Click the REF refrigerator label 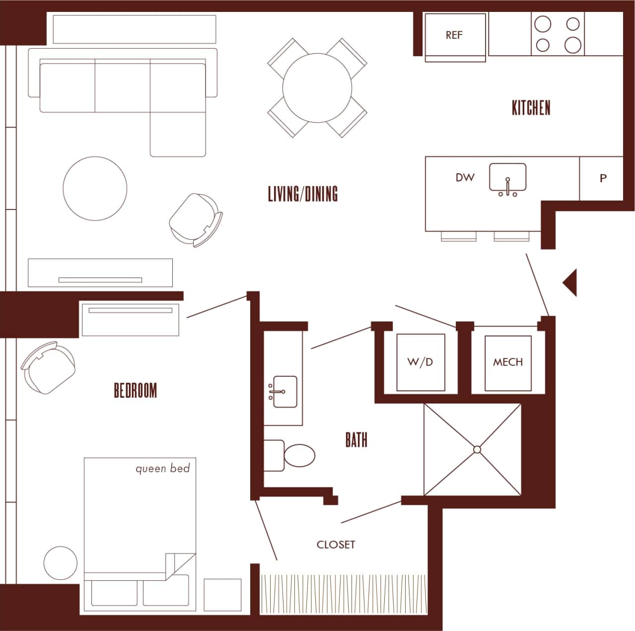pyautogui.click(x=454, y=35)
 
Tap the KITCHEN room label pyautogui.click(x=531, y=108)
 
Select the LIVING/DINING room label pyautogui.click(x=302, y=194)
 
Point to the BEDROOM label pyautogui.click(x=135, y=391)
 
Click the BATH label pyautogui.click(x=356, y=440)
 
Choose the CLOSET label pyautogui.click(x=336, y=545)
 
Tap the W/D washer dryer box pyautogui.click(x=420, y=362)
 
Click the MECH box pyautogui.click(x=507, y=362)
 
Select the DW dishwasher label pyautogui.click(x=465, y=178)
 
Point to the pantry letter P pyautogui.click(x=603, y=178)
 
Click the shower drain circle pyautogui.click(x=477, y=449)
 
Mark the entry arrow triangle pyautogui.click(x=570, y=282)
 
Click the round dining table pyautogui.click(x=317, y=88)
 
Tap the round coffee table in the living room pyautogui.click(x=95, y=189)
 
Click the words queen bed pyautogui.click(x=162, y=468)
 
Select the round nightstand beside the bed pyautogui.click(x=61, y=563)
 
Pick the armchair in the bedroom pyautogui.click(x=49, y=367)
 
